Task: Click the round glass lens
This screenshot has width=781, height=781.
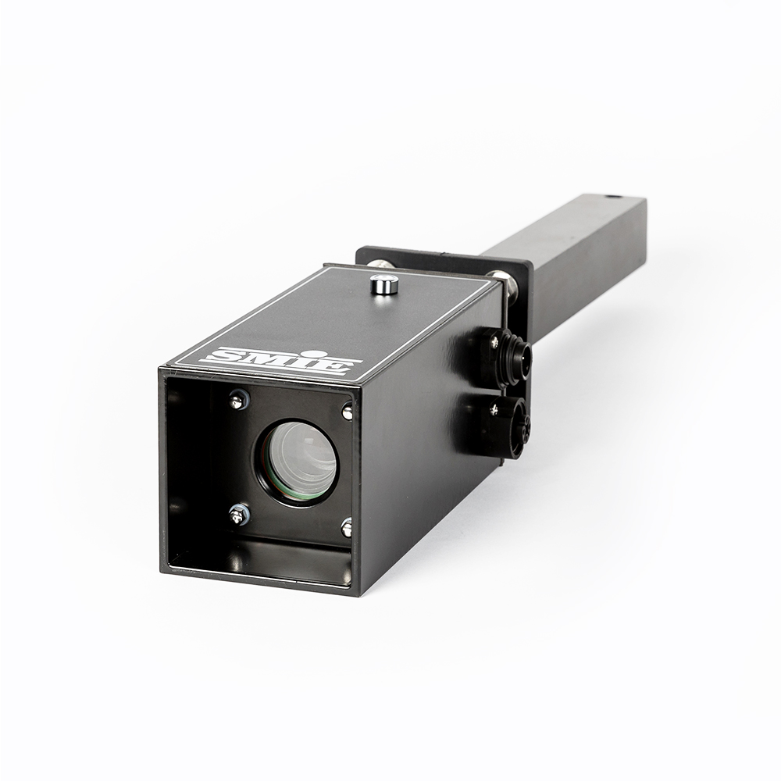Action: click(299, 462)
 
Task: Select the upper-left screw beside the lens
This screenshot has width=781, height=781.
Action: click(239, 399)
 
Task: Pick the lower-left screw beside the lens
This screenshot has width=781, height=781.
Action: click(238, 515)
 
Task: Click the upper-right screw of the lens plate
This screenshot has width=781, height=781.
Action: click(348, 412)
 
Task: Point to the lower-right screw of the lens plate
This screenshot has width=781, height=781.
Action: click(348, 527)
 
